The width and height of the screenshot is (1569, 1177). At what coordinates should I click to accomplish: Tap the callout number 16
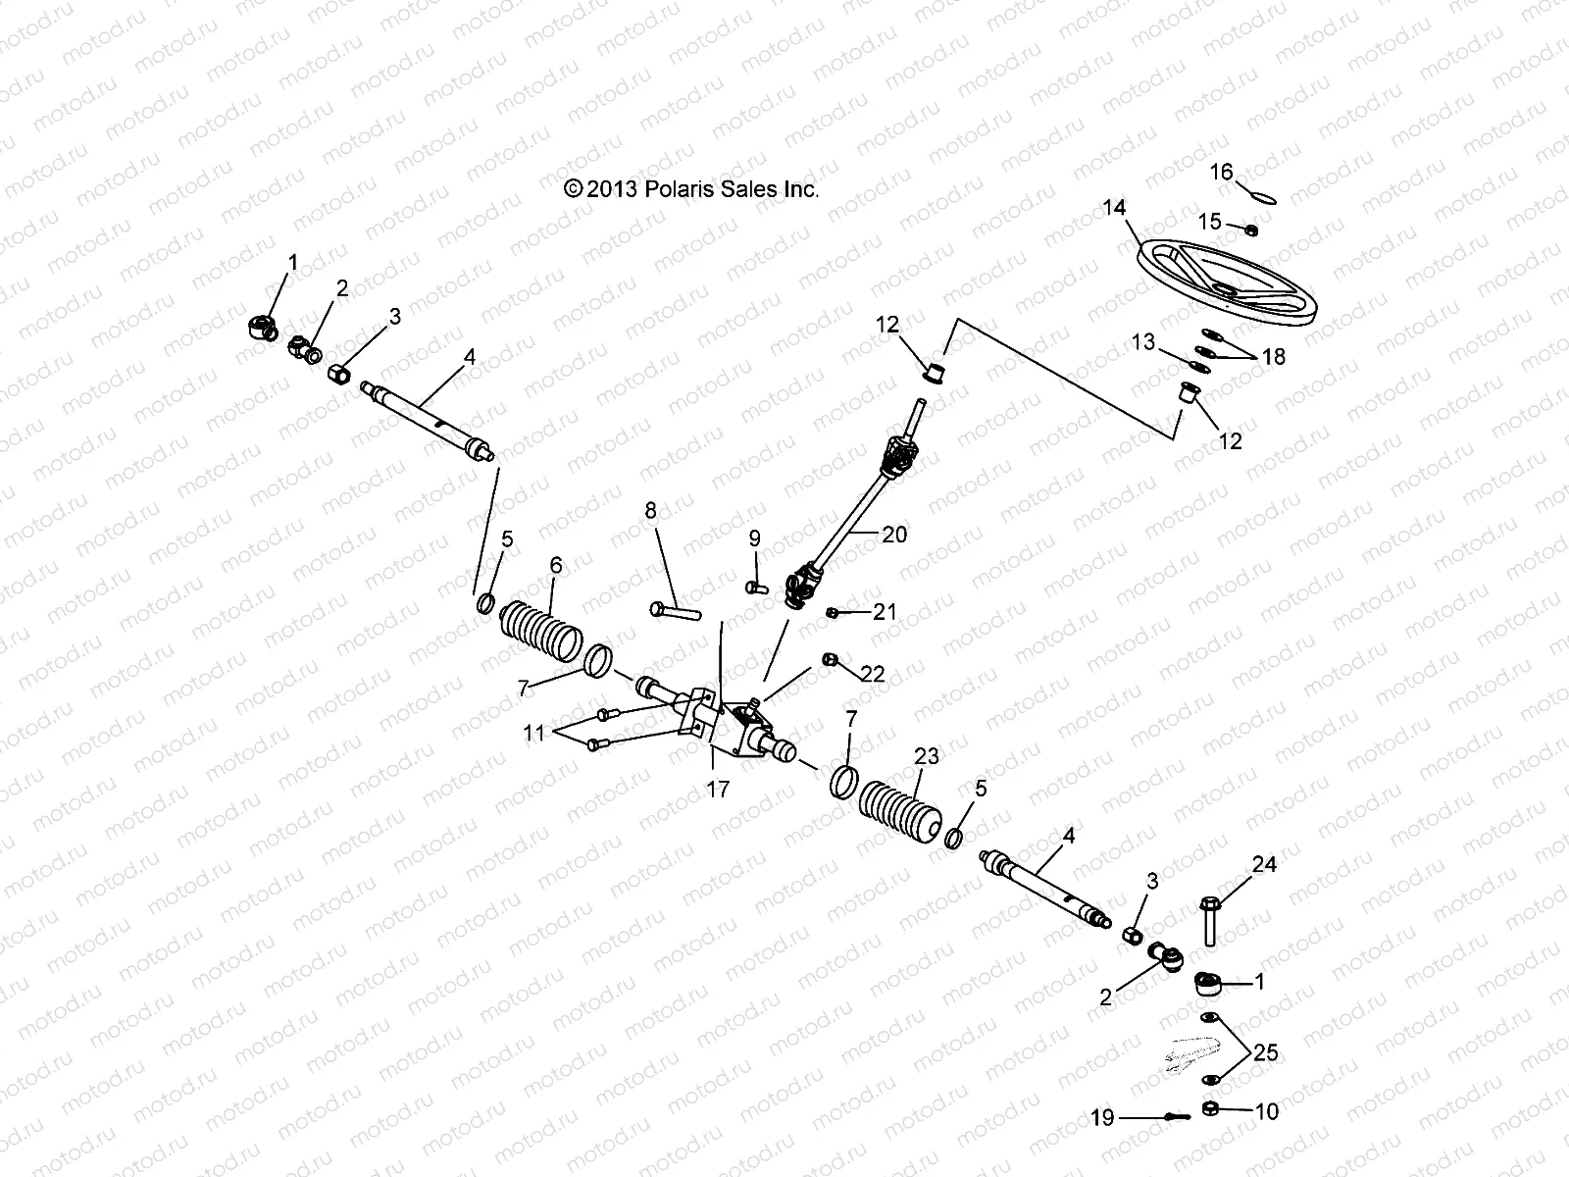click(1221, 173)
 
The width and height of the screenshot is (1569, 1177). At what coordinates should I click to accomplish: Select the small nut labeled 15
click(1252, 230)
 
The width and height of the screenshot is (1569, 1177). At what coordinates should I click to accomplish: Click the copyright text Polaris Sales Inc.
click(691, 189)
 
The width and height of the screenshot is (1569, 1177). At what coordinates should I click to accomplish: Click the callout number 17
click(718, 789)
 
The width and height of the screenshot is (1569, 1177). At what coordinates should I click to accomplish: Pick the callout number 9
click(754, 537)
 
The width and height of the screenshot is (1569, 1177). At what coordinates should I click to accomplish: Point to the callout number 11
click(532, 732)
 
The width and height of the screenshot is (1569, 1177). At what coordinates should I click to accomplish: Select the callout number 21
click(885, 612)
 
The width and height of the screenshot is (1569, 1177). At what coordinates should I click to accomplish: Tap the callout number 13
click(1143, 341)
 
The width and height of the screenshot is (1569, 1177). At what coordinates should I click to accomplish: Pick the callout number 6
click(556, 565)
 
